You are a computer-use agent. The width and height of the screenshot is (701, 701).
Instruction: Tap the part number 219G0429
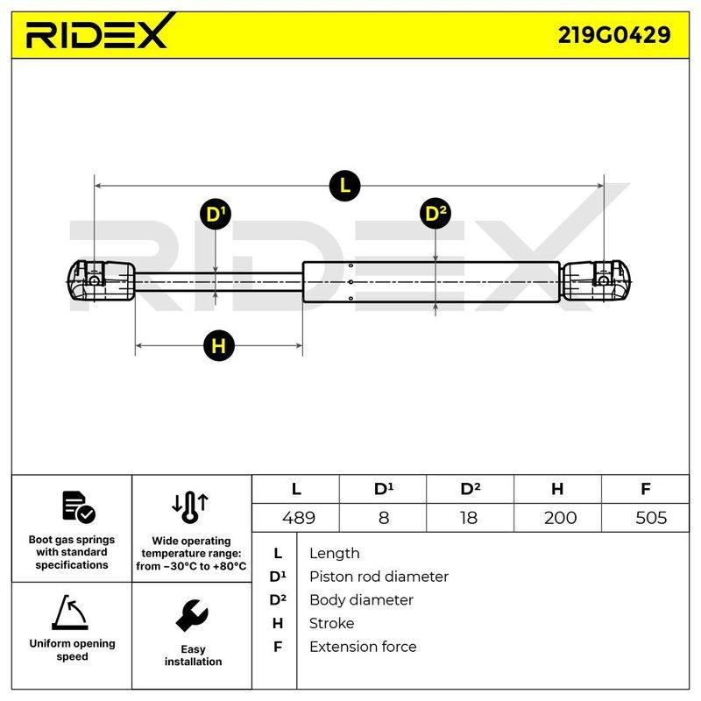(614, 35)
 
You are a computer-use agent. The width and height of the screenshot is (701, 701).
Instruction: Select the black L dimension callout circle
(344, 186)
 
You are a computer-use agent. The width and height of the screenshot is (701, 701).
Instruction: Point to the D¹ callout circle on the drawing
(216, 214)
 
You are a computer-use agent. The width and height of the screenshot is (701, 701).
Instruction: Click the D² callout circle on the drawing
(435, 213)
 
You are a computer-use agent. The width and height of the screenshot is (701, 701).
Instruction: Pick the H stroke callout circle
(218, 345)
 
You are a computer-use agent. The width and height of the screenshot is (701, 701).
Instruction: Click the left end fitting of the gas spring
(101, 280)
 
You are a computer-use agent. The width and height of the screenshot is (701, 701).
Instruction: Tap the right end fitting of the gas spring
(596, 280)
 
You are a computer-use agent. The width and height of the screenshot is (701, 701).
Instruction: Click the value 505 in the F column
(651, 518)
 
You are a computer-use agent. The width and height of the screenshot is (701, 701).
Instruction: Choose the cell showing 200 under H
(560, 518)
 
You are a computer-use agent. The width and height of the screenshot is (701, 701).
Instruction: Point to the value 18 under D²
(469, 518)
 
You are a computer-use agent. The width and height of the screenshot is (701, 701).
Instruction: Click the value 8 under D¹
(384, 518)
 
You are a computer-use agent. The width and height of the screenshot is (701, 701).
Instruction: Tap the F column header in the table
(645, 489)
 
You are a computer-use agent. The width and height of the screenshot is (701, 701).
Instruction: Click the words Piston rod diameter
(379, 577)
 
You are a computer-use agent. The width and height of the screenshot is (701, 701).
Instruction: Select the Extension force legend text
(363, 647)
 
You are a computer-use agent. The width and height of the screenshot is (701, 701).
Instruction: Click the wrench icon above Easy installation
(192, 616)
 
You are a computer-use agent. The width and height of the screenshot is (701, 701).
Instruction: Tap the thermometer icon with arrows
(190, 507)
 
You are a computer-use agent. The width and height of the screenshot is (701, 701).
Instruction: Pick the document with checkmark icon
(79, 507)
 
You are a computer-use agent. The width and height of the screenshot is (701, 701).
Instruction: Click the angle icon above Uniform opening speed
(70, 612)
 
